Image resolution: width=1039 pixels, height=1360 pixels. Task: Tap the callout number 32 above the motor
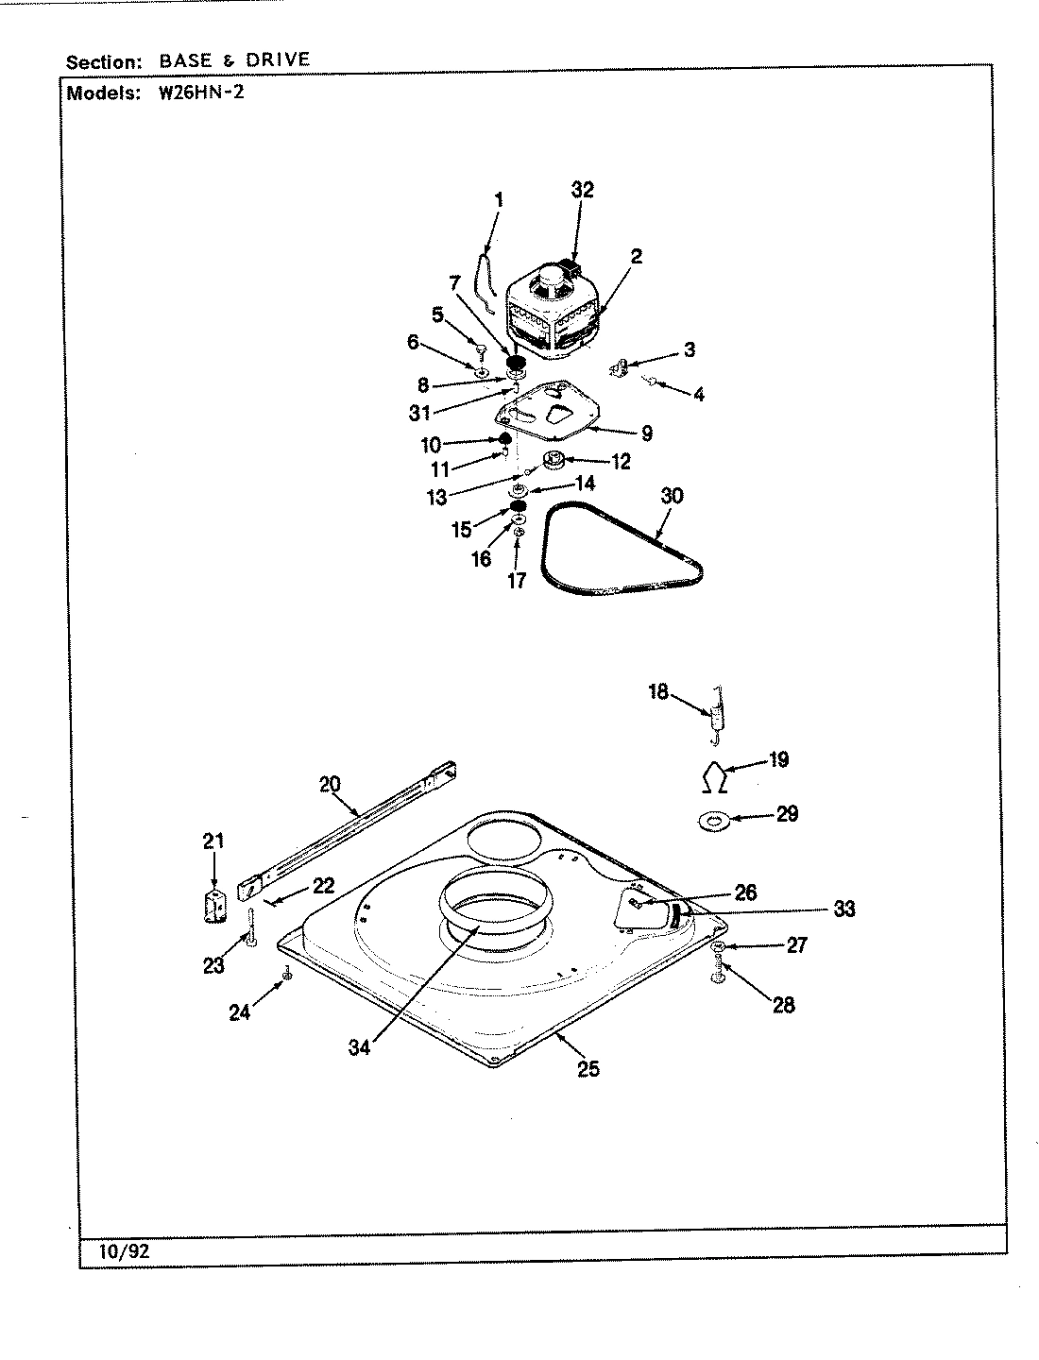point(583,190)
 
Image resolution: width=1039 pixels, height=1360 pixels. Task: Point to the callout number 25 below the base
point(588,1069)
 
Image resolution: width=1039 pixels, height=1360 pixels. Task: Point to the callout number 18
point(657,691)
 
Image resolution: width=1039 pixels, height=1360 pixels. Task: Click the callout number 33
point(843,909)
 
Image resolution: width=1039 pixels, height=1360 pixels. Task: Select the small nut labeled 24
point(287,975)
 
